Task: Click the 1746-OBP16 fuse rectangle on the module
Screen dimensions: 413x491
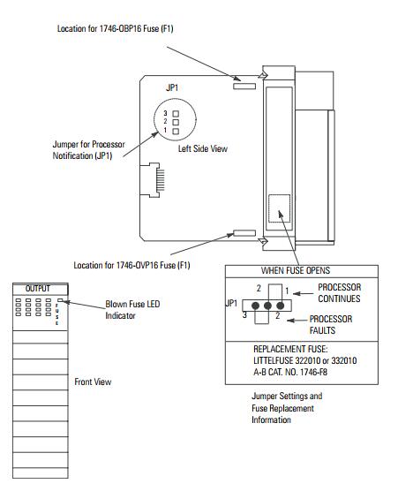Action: point(244,87)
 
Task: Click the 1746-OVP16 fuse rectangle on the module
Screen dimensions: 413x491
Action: point(244,233)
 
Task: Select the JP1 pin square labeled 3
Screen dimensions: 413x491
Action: point(176,114)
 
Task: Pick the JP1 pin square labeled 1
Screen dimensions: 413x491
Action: point(176,132)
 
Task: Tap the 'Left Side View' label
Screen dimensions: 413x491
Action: point(203,148)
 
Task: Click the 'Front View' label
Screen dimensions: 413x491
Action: point(93,382)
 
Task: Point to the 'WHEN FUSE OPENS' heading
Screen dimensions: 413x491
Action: point(296,270)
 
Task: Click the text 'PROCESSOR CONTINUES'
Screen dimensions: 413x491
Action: point(340,293)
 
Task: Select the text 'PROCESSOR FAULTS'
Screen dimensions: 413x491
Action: point(331,325)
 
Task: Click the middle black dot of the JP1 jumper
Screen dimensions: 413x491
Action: point(267,306)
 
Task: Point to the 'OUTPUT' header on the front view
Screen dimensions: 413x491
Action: point(38,289)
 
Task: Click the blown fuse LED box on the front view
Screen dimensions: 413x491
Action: point(60,300)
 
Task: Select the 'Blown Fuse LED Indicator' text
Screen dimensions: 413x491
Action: point(132,310)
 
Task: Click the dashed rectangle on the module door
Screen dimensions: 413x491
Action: point(280,208)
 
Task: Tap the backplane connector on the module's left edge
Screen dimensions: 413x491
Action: point(153,180)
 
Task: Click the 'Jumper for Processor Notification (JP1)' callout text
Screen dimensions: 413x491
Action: point(88,150)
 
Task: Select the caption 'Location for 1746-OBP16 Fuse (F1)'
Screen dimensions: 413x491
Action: point(115,29)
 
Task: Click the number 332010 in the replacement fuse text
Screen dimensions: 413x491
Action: point(344,360)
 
